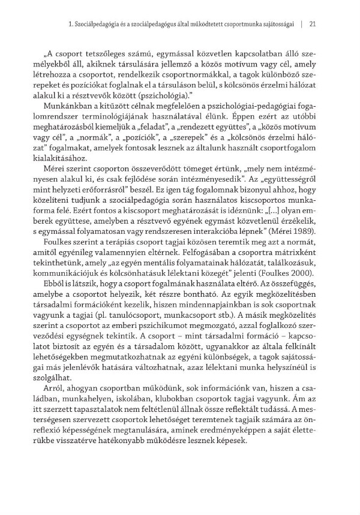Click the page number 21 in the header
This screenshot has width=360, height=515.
point(312,24)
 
